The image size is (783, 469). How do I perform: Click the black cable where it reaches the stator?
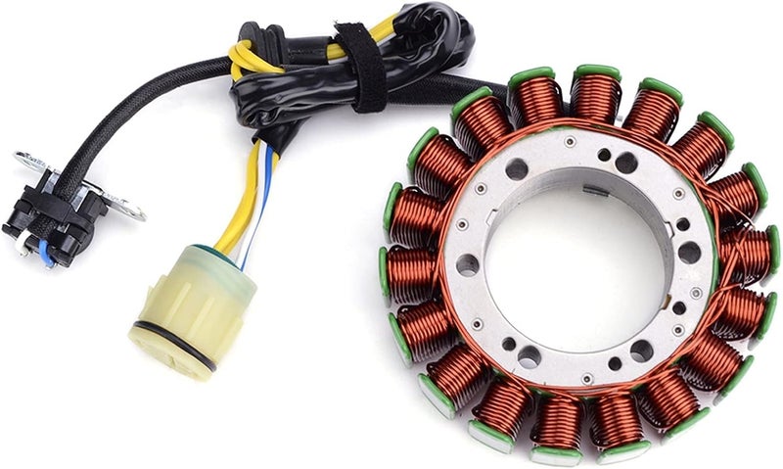pos(489,88)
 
